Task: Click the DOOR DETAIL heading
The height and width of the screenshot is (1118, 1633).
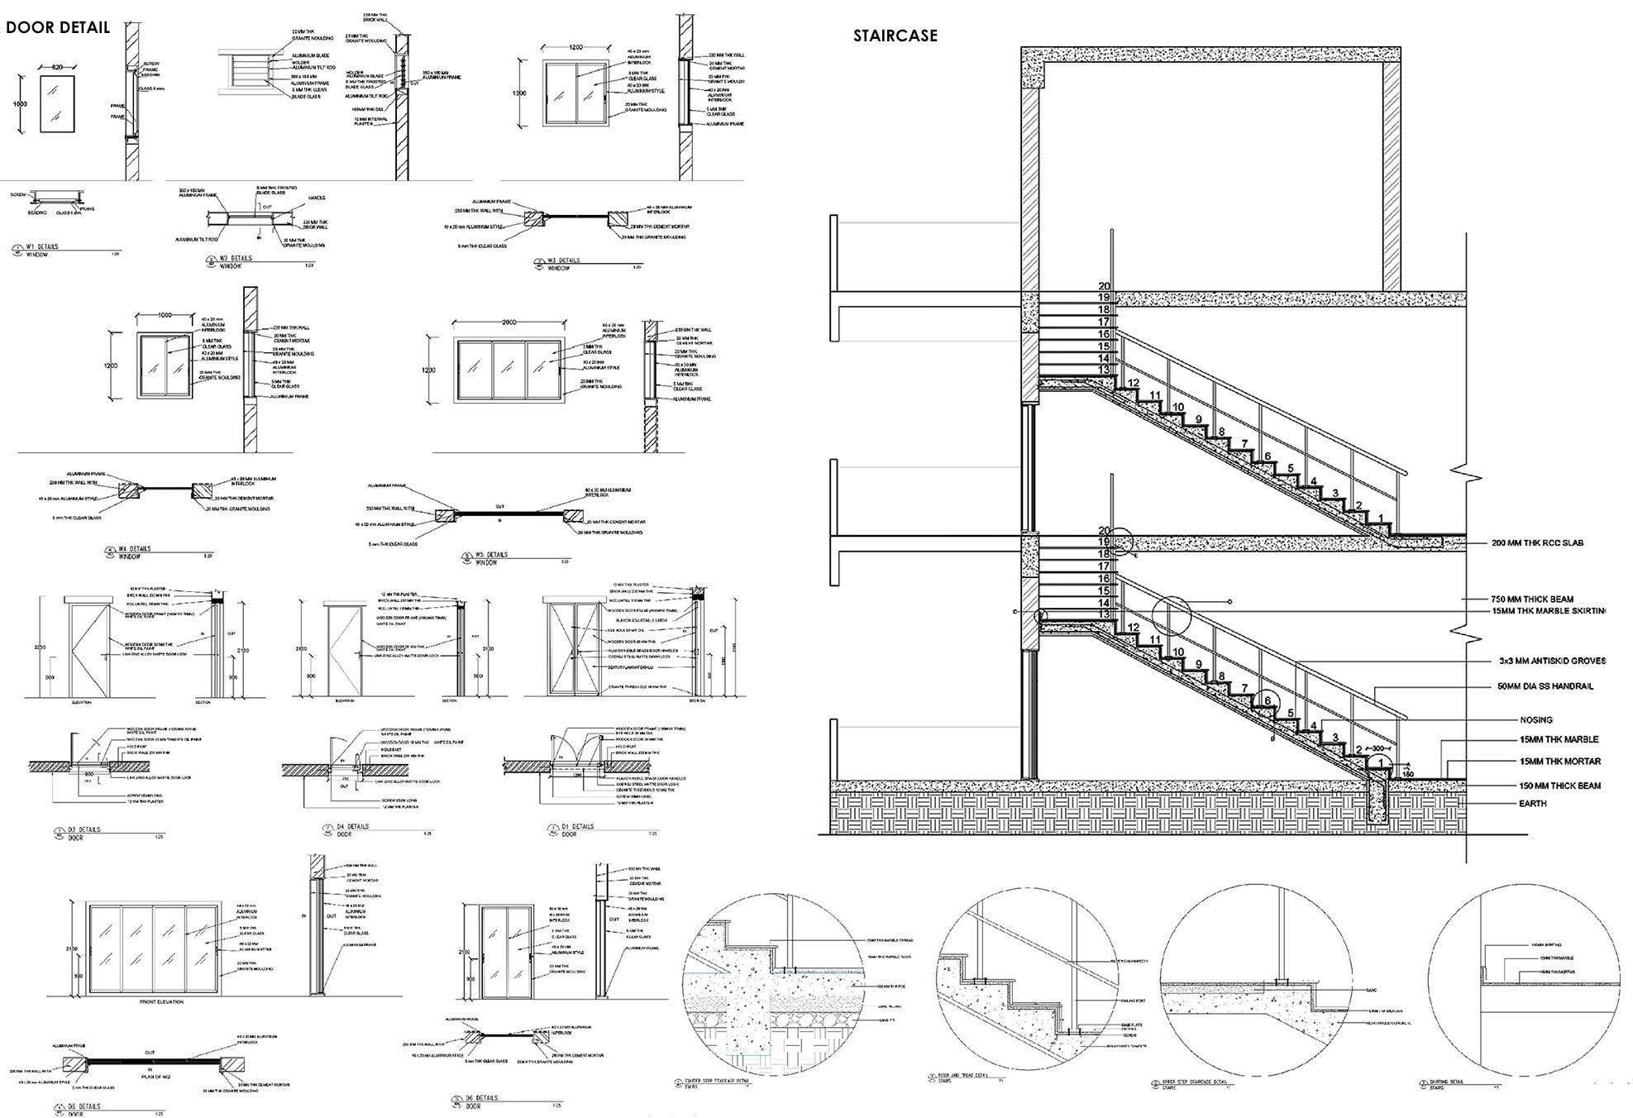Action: tap(58, 27)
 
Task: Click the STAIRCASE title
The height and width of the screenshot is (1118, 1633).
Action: tap(895, 36)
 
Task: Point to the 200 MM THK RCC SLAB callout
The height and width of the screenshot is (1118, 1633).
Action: tap(1537, 543)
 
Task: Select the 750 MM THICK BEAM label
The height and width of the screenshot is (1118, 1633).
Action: tap(1532, 600)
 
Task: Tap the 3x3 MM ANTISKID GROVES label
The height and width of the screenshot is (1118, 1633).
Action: tap(1552, 661)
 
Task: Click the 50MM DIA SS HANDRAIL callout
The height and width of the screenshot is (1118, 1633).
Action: tap(1545, 686)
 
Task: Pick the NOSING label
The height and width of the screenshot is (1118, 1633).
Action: tap(1535, 720)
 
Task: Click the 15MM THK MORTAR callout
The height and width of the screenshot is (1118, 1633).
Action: tap(1559, 762)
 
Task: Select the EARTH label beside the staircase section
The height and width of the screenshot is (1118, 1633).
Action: tap(1532, 804)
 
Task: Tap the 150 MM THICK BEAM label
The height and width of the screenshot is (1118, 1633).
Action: tap(1559, 786)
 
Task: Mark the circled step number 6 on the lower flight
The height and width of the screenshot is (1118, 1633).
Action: tap(1266, 700)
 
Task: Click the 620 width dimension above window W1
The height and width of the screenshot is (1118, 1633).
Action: tap(57, 66)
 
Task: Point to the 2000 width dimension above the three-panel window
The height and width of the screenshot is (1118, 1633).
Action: tap(508, 322)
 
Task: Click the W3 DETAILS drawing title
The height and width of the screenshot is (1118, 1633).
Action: tap(563, 260)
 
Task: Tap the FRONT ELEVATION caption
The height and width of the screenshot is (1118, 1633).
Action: tap(162, 1001)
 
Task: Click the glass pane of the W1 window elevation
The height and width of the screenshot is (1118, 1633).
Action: tap(57, 103)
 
